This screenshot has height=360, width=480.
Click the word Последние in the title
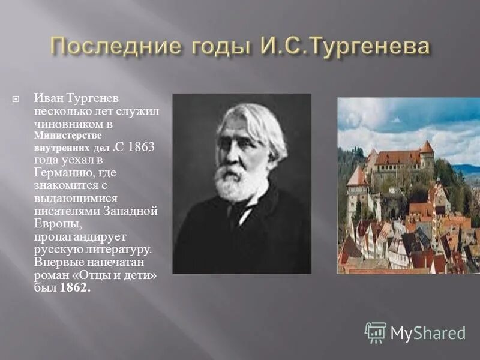(112, 47)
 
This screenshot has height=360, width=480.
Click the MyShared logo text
(428, 333)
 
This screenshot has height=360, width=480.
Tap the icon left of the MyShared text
(376, 332)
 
